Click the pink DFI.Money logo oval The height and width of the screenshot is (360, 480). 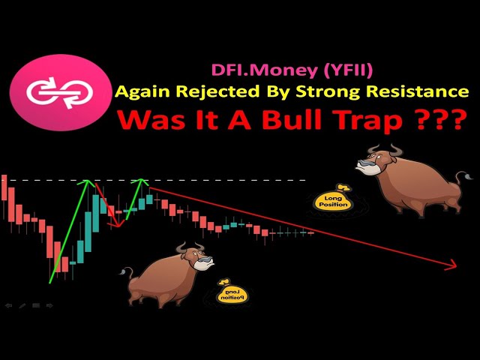tap(60, 93)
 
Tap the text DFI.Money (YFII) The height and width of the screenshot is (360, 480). tap(292, 70)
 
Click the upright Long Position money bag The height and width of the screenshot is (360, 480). tap(332, 199)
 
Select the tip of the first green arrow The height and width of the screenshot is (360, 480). tap(88, 180)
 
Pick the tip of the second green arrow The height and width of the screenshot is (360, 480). tap(141, 178)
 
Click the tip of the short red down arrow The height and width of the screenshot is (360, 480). tap(118, 226)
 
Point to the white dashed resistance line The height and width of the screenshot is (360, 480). tap(153, 180)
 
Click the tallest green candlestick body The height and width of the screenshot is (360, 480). tap(96, 214)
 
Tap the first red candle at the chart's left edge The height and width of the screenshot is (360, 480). tap(4, 187)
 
